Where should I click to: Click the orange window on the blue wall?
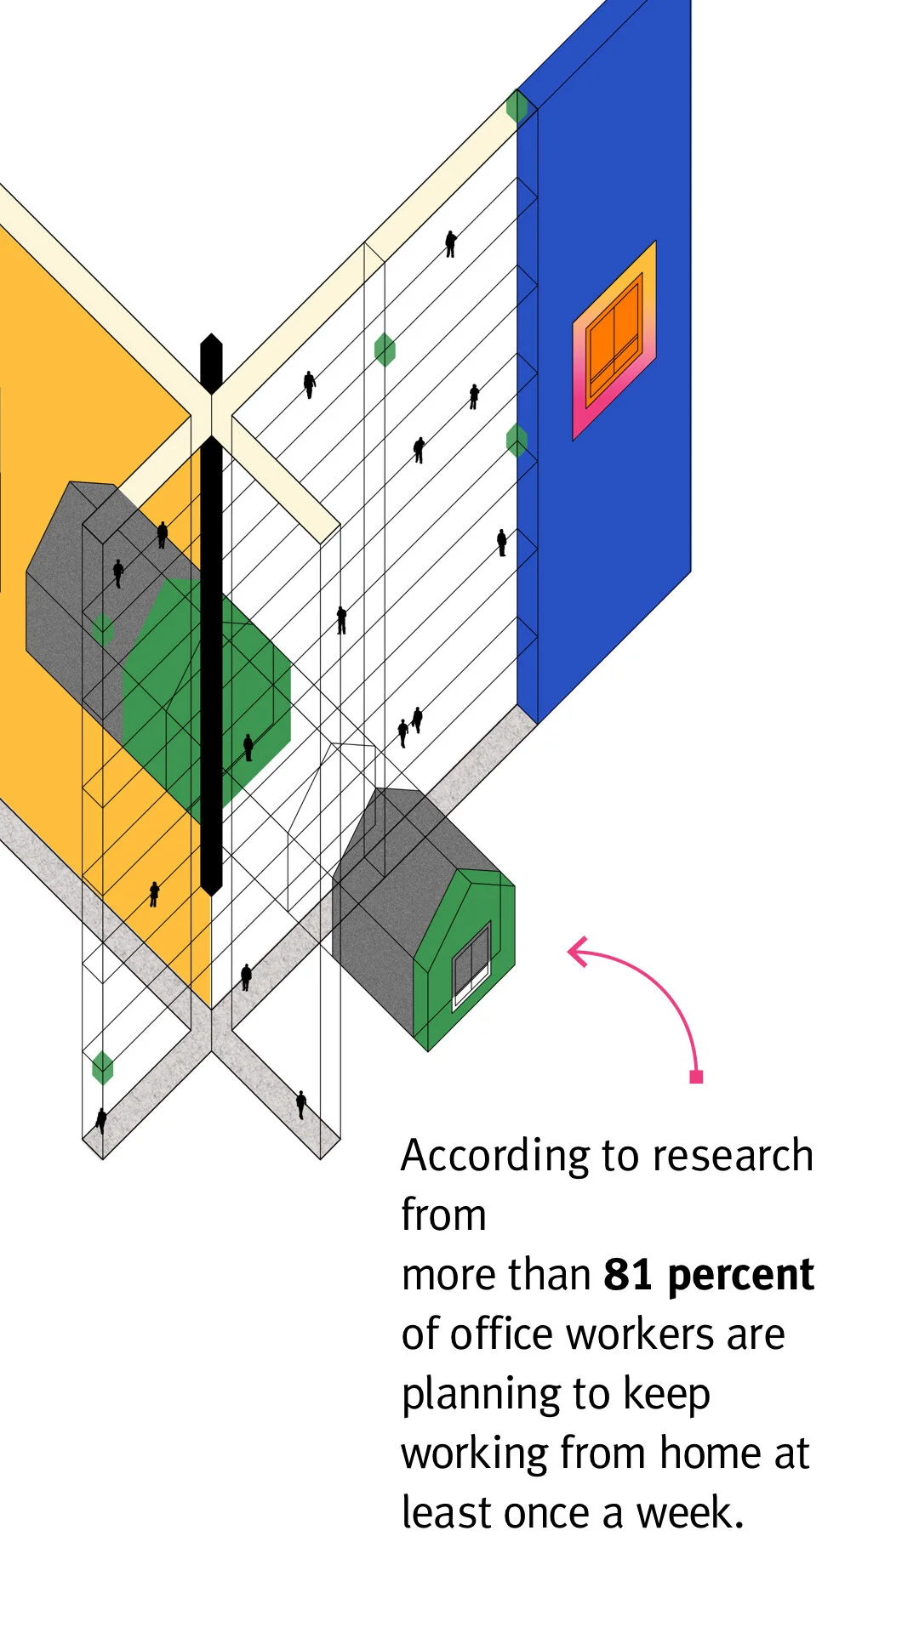coord(614,339)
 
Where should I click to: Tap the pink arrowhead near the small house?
coord(579,951)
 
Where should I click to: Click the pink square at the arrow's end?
coord(696,1077)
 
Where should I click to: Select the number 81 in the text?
coord(628,1275)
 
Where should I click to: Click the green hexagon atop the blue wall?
coord(517,106)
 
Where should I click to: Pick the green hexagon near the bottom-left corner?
coord(102,1067)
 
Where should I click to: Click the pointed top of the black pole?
coord(211,340)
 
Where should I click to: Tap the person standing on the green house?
coord(248,747)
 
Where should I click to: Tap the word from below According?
coord(443,1215)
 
